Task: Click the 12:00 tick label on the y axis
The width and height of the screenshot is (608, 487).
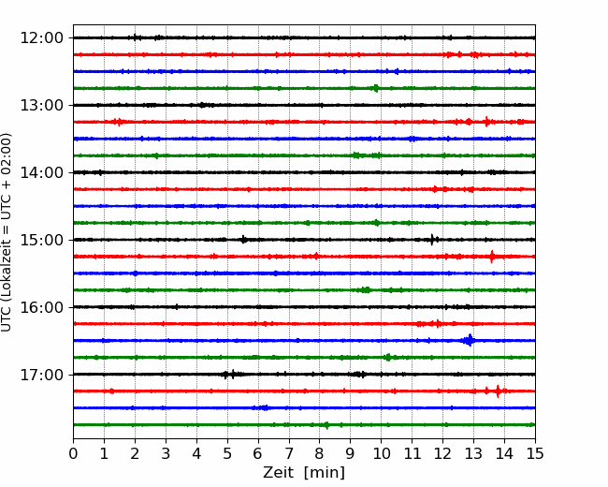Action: point(41,38)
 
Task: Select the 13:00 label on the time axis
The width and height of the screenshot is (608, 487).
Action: point(41,105)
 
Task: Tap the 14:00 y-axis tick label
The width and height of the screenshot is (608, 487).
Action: point(41,172)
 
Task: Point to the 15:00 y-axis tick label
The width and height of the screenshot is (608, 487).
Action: point(41,240)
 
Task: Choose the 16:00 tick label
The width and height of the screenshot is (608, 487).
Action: point(41,307)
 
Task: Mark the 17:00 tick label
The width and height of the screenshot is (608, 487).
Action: point(41,375)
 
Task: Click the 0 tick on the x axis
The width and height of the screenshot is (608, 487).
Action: point(73,453)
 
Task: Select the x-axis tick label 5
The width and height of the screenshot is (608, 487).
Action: point(227,453)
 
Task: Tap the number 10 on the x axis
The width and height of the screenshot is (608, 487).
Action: point(381,453)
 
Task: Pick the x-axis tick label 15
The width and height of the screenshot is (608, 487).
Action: point(535,453)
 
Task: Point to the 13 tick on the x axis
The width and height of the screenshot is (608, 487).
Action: point(473,453)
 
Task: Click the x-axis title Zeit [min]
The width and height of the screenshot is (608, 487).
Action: point(304,473)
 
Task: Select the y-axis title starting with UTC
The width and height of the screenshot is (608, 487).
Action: point(7,232)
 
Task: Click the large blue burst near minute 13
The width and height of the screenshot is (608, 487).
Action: point(470,341)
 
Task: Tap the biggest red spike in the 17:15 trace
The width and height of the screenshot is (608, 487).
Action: point(499,391)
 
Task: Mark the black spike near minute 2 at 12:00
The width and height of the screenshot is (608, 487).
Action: point(135,37)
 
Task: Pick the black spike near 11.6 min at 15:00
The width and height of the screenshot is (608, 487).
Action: point(432,240)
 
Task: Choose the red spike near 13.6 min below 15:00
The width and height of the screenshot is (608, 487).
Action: point(492,257)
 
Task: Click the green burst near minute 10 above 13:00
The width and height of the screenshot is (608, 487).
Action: point(375,88)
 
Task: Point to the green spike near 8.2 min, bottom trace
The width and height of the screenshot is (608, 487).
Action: point(326,425)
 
